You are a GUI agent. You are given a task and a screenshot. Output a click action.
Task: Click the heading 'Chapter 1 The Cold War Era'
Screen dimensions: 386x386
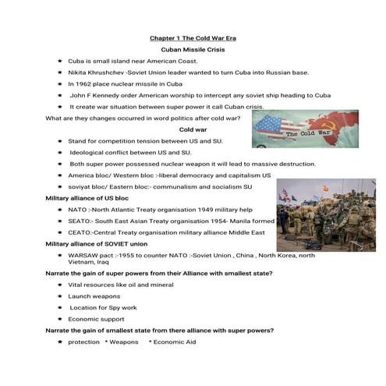[192, 37]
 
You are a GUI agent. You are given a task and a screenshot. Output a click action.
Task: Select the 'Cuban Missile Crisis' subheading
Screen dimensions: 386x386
[192, 48]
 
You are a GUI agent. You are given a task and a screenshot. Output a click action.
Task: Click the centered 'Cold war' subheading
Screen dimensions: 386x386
[193, 129]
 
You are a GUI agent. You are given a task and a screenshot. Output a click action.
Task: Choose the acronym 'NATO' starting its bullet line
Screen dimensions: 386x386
[77, 209]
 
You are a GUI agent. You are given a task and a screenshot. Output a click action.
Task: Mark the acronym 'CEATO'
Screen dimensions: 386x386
[80, 232]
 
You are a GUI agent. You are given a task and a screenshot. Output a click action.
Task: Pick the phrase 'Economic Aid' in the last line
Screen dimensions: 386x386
[174, 342]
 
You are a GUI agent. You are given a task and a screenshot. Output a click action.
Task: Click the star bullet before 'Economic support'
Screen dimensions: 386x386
[59, 319]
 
